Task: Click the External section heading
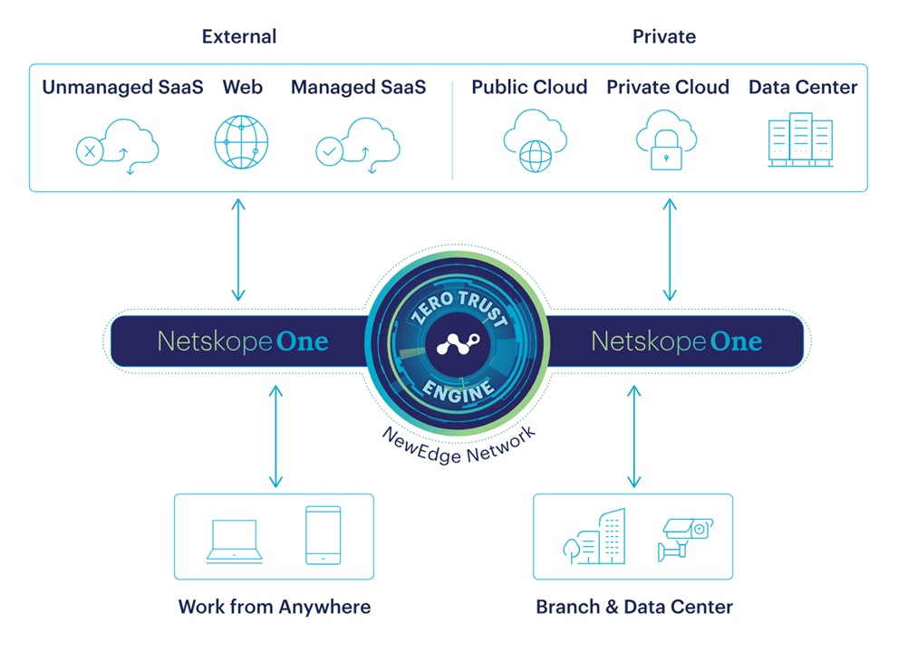click(239, 37)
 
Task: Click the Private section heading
click(664, 37)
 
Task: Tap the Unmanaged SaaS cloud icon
click(116, 145)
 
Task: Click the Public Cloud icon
click(535, 140)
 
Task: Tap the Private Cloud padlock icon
click(666, 140)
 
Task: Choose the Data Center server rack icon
click(799, 139)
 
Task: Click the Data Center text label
click(803, 88)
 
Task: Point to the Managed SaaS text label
click(358, 88)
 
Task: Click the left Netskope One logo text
click(243, 341)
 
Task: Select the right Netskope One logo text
click(676, 341)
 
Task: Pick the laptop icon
click(234, 541)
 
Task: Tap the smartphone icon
click(323, 536)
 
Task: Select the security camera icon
click(684, 537)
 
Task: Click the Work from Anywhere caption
click(274, 607)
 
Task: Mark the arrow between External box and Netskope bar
click(237, 250)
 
